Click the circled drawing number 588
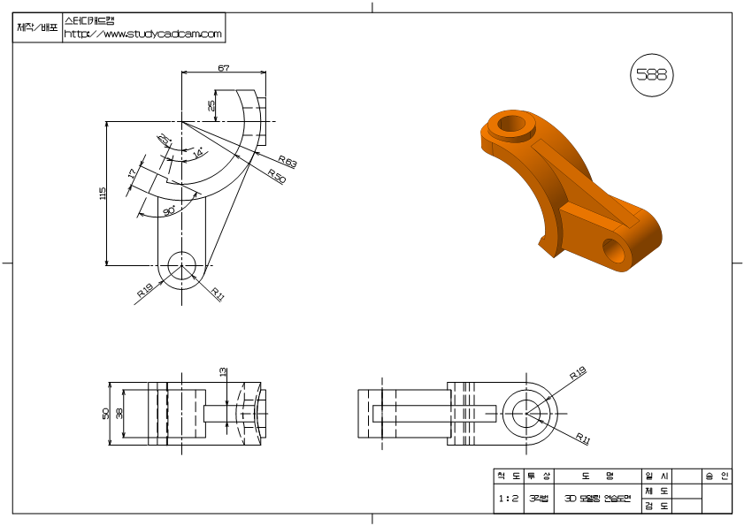pos(651,75)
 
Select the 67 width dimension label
pos(224,67)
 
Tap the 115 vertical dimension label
pos(103,192)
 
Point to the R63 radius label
pos(287,162)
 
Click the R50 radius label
pos(276,178)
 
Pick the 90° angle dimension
pos(168,211)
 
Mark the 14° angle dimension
pos(197,154)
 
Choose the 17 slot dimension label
pos(133,173)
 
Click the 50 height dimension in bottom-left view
pos(106,413)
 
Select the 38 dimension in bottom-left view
pos(120,413)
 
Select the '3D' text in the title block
pos(570,499)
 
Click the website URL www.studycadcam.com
pos(143,34)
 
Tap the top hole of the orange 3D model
pos(512,123)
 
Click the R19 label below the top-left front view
pos(145,290)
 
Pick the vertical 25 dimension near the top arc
pos(211,105)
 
